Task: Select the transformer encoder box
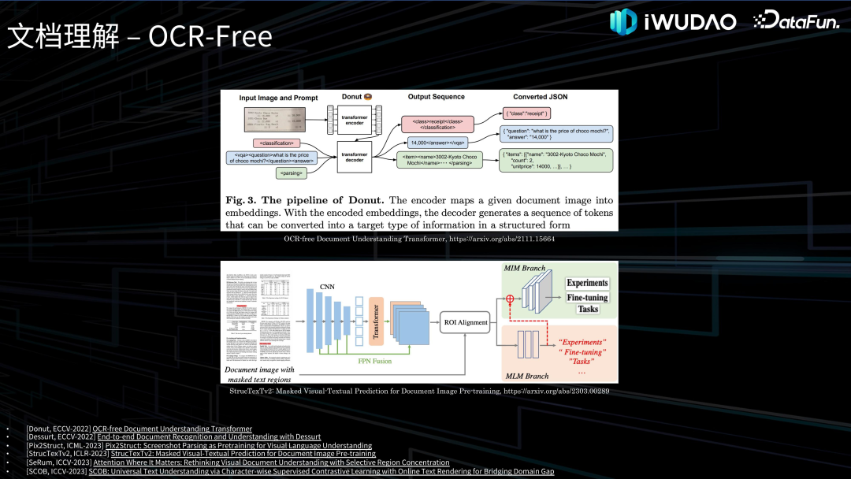(x=354, y=120)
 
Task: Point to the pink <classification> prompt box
(x=276, y=143)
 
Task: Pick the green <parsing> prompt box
(x=291, y=173)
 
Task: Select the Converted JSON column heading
(x=540, y=97)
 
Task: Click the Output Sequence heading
(x=436, y=97)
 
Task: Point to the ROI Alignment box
(x=465, y=323)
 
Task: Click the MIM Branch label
(x=524, y=269)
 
